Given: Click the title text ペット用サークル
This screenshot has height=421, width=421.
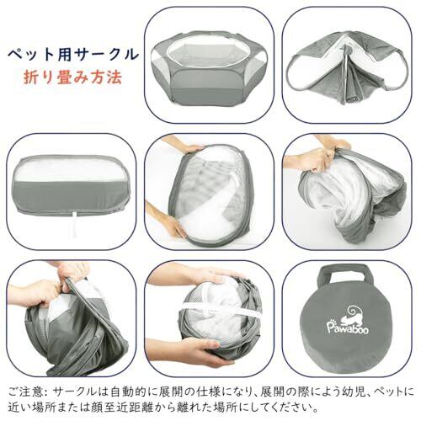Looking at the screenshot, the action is [x=73, y=55].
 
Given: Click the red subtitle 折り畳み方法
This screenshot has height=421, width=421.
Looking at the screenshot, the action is [x=73, y=77].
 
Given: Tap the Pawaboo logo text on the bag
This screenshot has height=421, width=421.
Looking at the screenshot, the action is [x=348, y=328].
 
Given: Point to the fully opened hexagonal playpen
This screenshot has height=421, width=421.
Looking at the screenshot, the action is [x=209, y=67].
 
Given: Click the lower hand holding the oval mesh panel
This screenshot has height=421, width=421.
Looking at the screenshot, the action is [x=166, y=223].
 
